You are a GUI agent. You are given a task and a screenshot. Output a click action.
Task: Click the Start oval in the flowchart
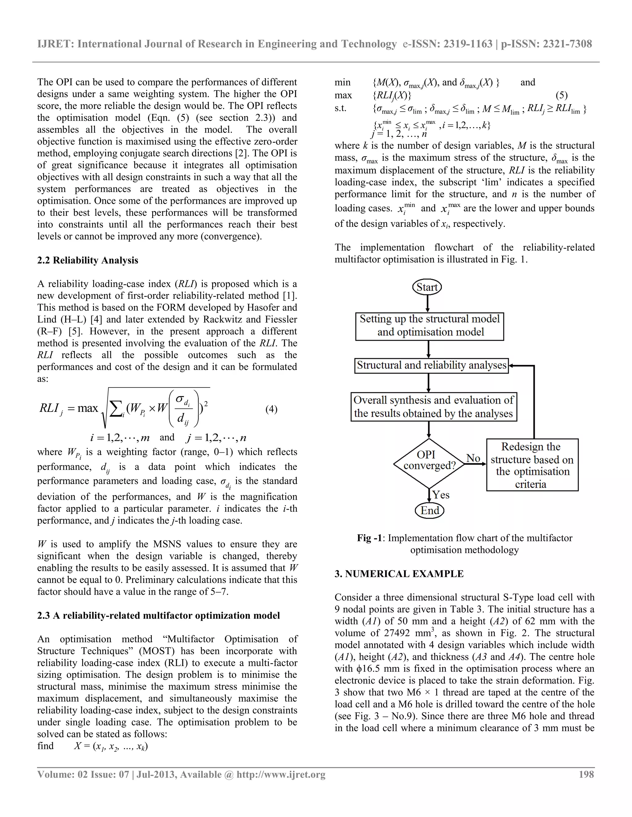point(427,287)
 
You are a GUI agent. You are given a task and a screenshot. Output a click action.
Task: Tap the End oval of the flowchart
point(430,510)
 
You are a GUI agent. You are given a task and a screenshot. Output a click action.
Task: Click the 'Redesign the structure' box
point(532,465)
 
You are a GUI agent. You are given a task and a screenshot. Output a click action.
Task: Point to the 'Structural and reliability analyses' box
point(431,365)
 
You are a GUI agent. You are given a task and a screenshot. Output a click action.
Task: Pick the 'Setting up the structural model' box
point(430,326)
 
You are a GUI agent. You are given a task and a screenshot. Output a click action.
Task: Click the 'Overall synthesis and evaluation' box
point(434,407)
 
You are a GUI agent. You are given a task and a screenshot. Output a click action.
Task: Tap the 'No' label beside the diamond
point(473,458)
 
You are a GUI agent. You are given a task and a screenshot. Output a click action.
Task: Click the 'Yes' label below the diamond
point(441,495)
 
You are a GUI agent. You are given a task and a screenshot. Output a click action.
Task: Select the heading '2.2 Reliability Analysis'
point(88,261)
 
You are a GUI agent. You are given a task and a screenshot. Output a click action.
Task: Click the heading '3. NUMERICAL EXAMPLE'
point(399,574)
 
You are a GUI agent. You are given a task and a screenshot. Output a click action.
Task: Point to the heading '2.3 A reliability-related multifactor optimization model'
point(158,616)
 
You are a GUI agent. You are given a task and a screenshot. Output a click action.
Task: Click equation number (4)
point(272,409)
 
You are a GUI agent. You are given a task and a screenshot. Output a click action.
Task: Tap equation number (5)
point(562,95)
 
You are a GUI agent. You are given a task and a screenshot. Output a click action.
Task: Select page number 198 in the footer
point(586,774)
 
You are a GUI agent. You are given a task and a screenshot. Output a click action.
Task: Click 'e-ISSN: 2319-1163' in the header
point(447,44)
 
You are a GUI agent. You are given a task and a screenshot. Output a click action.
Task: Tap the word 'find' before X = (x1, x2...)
point(45,746)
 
